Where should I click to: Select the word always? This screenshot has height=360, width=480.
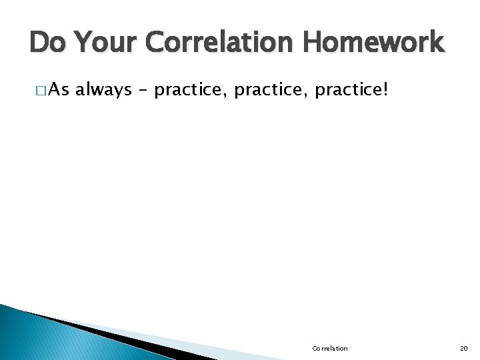103,90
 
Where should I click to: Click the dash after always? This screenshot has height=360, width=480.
142,90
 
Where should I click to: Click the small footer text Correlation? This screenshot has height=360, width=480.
329,349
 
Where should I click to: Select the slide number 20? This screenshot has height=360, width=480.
464,349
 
